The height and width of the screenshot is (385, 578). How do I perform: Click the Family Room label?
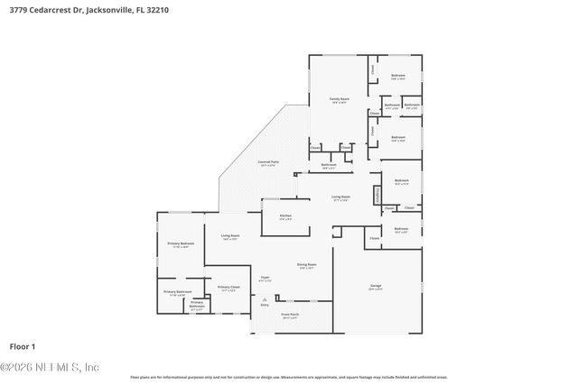(x=339, y=99)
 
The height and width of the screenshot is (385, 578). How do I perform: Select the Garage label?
(x=376, y=287)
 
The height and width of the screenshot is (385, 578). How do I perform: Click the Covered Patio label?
(x=269, y=163)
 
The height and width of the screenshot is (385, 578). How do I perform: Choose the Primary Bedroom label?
(x=181, y=244)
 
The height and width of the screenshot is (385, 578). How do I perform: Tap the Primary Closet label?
(x=228, y=289)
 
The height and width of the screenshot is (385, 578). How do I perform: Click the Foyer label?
(x=265, y=279)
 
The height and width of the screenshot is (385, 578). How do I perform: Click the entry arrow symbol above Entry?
(x=265, y=298)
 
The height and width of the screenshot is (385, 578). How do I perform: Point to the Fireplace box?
(x=378, y=196)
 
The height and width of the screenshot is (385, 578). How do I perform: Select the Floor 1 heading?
(x=22, y=345)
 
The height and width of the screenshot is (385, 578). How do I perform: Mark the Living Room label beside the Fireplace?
(x=340, y=197)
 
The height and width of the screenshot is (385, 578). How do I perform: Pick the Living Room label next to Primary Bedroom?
(x=229, y=237)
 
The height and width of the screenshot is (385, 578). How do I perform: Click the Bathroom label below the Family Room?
(x=329, y=166)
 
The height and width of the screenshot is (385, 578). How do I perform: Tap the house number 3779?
(x=16, y=10)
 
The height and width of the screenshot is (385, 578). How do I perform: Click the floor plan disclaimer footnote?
(x=288, y=377)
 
